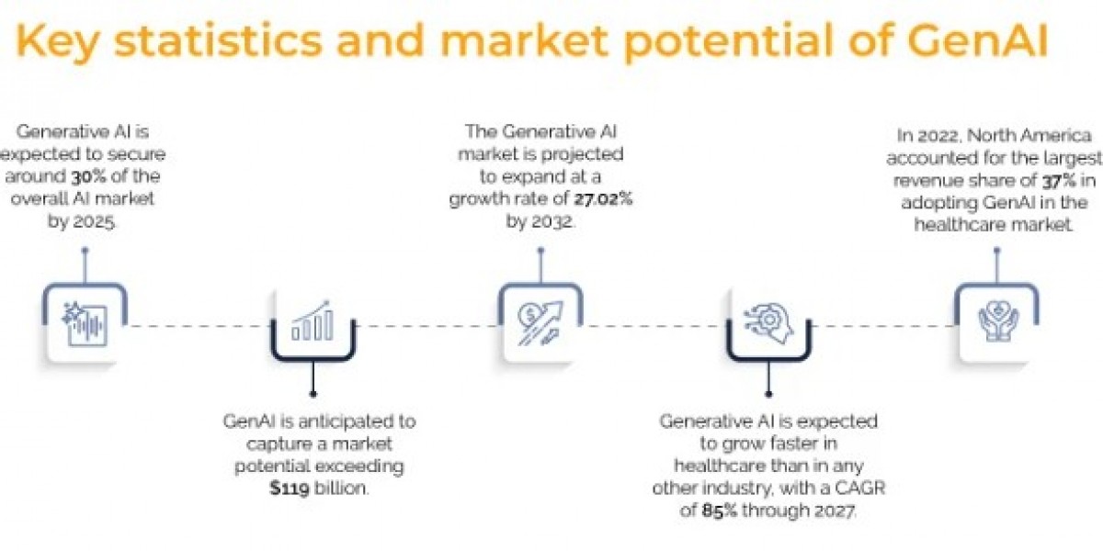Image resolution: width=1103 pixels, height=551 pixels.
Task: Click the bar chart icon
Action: [313, 324]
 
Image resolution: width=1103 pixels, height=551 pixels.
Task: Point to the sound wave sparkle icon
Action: [85, 324]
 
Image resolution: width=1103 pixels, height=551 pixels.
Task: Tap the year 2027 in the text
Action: [830, 511]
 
